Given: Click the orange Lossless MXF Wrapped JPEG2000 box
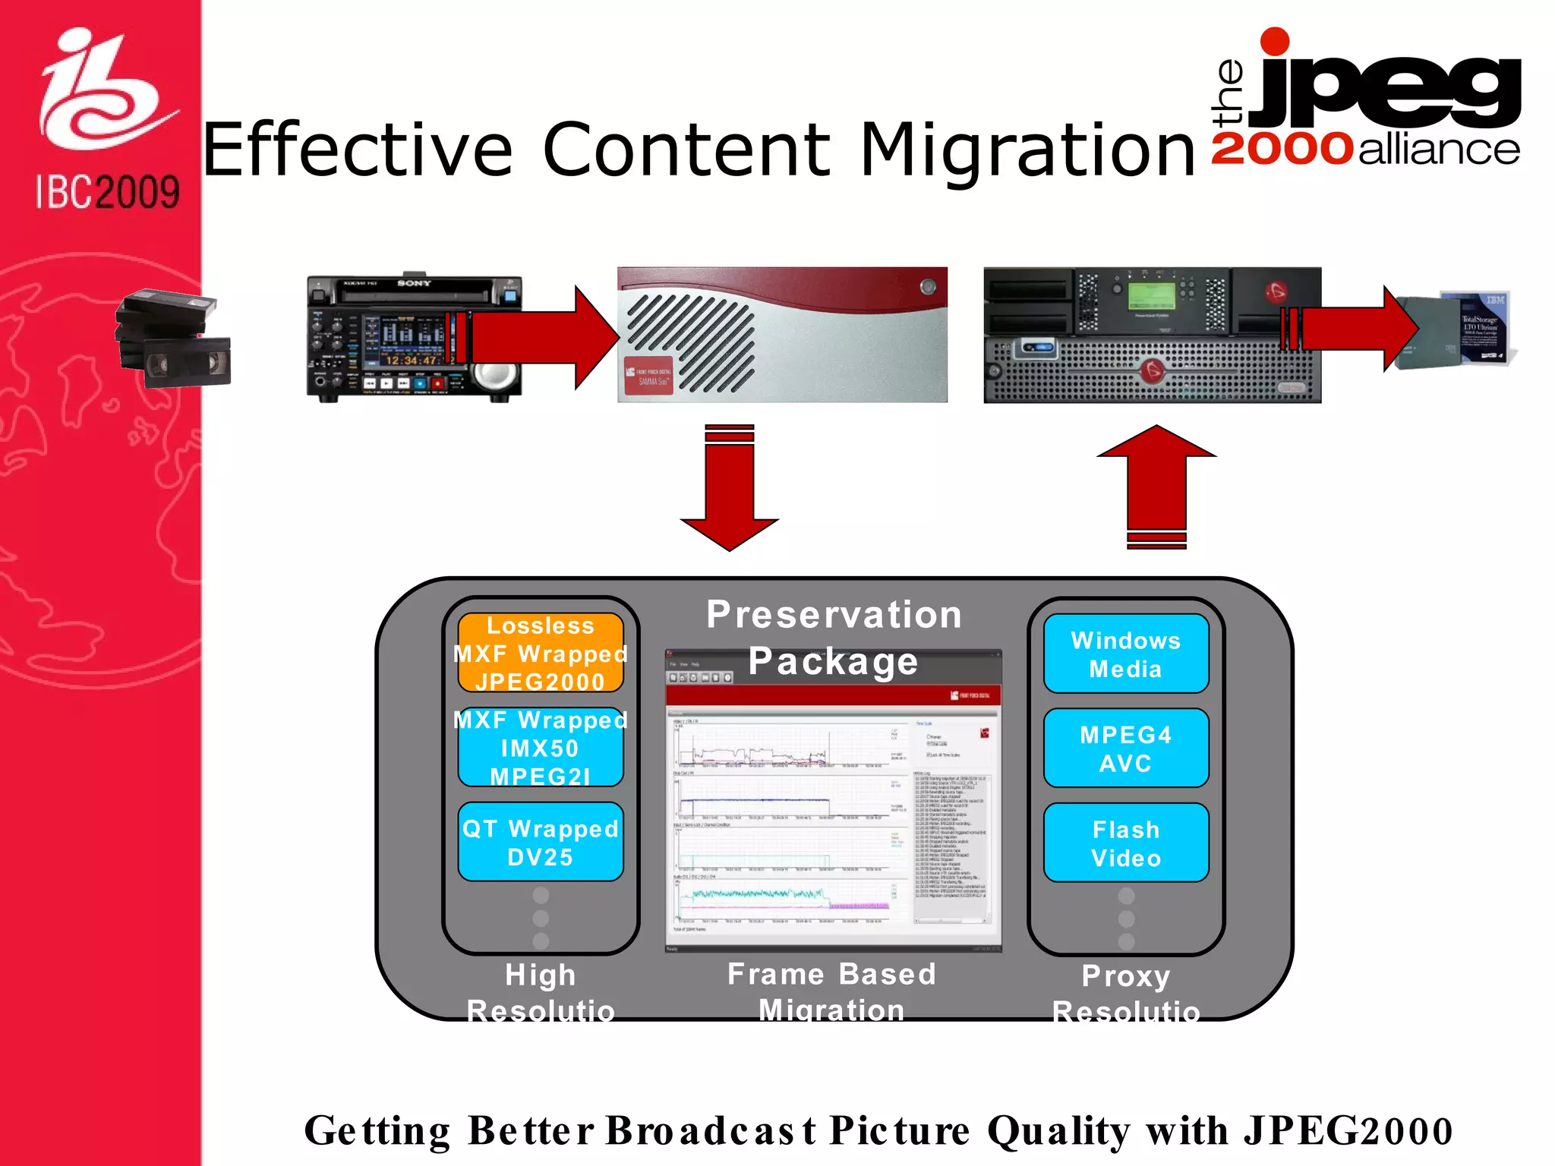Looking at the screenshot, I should [x=541, y=653].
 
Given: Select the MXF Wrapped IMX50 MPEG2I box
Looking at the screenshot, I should [x=541, y=748].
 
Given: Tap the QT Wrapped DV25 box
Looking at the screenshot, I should [x=541, y=842].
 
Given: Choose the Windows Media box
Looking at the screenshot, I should [x=1126, y=654].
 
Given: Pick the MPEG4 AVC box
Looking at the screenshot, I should [x=1126, y=748].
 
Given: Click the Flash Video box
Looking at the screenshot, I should [x=1126, y=843].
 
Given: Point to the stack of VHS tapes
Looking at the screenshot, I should [x=173, y=339].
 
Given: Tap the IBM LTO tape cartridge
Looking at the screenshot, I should [x=1455, y=330].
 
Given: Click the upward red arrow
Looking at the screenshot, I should [x=1156, y=486].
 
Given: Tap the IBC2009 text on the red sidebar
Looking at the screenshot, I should [x=108, y=192].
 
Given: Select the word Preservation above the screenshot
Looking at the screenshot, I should [x=834, y=614].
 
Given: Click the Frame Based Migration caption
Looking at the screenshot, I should [x=831, y=990].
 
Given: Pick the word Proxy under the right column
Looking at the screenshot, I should [x=1126, y=975].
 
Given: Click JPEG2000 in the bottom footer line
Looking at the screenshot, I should [x=1348, y=1130].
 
